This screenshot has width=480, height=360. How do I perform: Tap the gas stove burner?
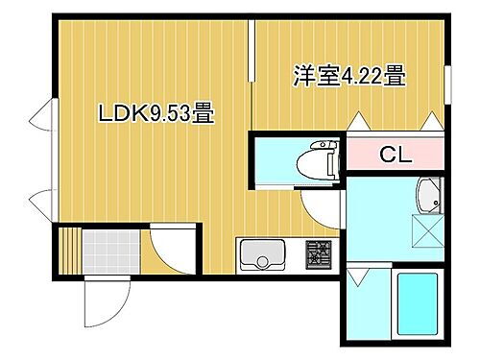pos(318,255)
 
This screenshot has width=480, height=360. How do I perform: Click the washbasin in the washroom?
pos(427,200)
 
